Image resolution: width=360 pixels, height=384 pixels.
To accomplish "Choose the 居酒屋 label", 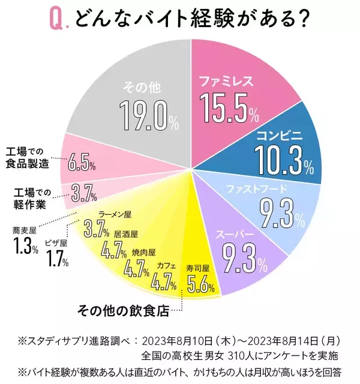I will coord(126,234).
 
